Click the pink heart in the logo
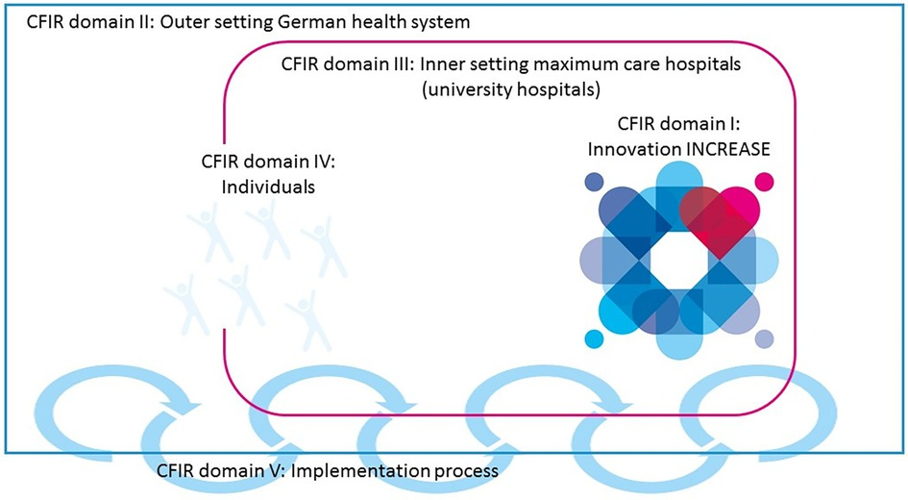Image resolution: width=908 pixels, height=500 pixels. (713, 209)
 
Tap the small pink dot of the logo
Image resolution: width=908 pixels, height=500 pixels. (765, 181)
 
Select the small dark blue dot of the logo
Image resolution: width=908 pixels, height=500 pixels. (594, 181)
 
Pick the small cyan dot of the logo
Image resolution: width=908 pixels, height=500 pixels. (594, 338)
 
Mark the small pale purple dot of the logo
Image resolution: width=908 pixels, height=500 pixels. (764, 338)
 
